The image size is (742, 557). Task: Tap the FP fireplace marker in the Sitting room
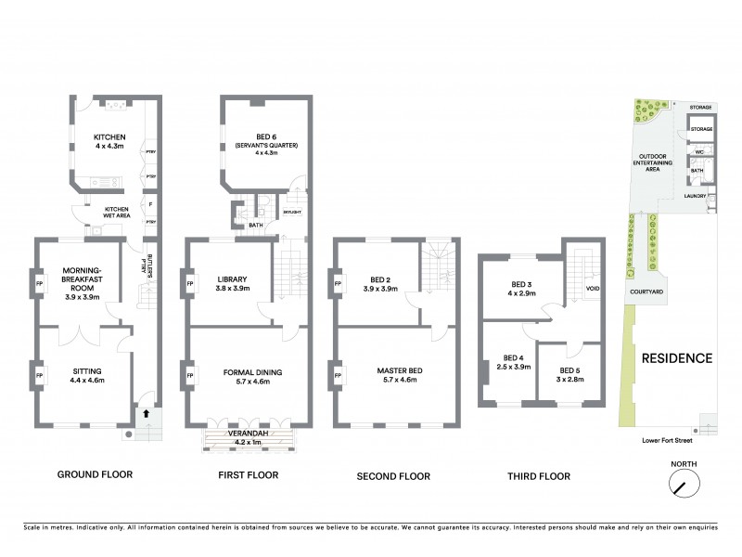pyautogui.click(x=39, y=375)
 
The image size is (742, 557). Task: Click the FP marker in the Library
pyautogui.click(x=190, y=284)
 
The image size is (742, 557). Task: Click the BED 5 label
pyautogui.click(x=567, y=370)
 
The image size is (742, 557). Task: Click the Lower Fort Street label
pyautogui.click(x=660, y=442)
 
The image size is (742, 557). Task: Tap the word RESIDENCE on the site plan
pyautogui.click(x=676, y=358)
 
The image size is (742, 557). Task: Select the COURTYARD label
pyautogui.click(x=646, y=291)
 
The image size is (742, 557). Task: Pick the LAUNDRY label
pyautogui.click(x=696, y=196)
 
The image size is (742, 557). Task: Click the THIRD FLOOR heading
pyautogui.click(x=539, y=476)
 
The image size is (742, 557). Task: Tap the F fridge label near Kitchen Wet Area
pyautogui.click(x=148, y=203)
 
